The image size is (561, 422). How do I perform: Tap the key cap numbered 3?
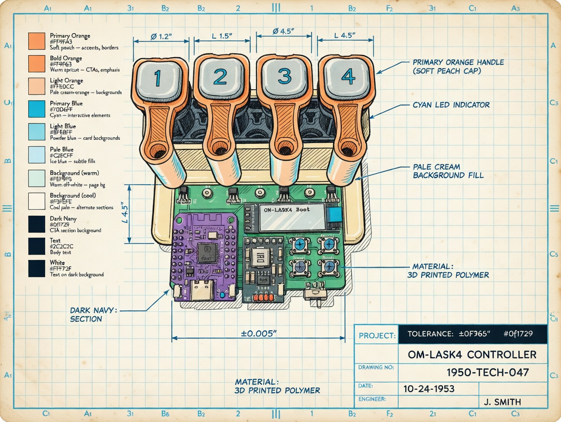click(284, 77)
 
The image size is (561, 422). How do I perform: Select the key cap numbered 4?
click(348, 77)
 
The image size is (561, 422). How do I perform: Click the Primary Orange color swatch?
click(37, 41)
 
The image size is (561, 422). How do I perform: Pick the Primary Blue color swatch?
click(37, 109)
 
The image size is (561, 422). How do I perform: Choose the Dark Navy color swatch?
click(37, 224)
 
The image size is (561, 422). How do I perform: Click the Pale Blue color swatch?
click(37, 154)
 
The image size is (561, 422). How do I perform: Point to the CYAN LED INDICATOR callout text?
click(451, 105)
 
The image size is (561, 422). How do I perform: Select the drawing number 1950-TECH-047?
click(488, 372)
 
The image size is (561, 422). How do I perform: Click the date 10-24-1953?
click(429, 388)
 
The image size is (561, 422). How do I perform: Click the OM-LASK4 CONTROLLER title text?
click(472, 355)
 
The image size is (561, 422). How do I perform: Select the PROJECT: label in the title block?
click(377, 335)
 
